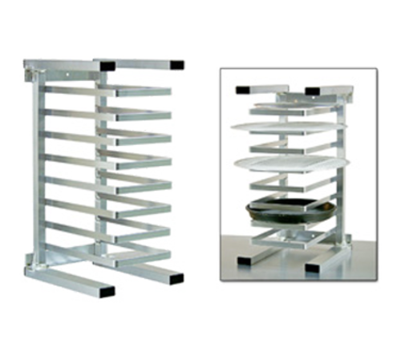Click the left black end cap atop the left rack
(107, 63)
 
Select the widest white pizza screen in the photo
(285, 126)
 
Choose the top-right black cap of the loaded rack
(314, 91)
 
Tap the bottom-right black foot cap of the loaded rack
(314, 266)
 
